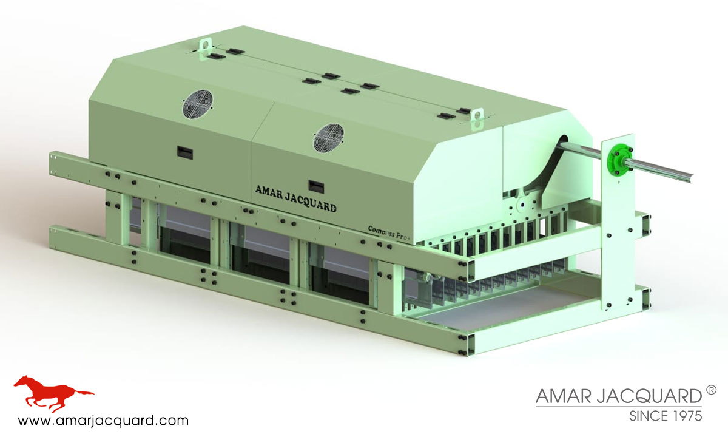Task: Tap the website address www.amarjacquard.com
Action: pyautogui.click(x=103, y=420)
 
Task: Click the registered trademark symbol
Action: pyautogui.click(x=712, y=389)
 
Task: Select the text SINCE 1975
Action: pyautogui.click(x=666, y=416)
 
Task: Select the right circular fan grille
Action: pyautogui.click(x=329, y=137)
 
